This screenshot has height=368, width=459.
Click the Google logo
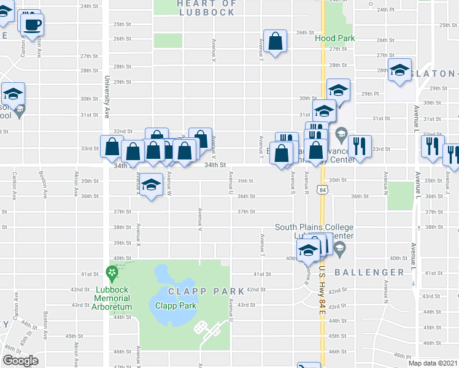pos(21,361)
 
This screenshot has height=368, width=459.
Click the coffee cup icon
pos(32,25)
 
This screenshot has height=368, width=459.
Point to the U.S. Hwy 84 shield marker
pos(322,190)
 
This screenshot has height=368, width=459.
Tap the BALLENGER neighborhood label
pos(370,272)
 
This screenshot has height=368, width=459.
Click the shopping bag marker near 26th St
pos(276,42)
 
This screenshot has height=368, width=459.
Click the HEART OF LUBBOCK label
pos(206,7)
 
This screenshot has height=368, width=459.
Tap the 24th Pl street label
pos(385,10)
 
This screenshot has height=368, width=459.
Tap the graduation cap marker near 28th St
pos(399,71)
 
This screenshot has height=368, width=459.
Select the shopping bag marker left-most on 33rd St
pos(112,147)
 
